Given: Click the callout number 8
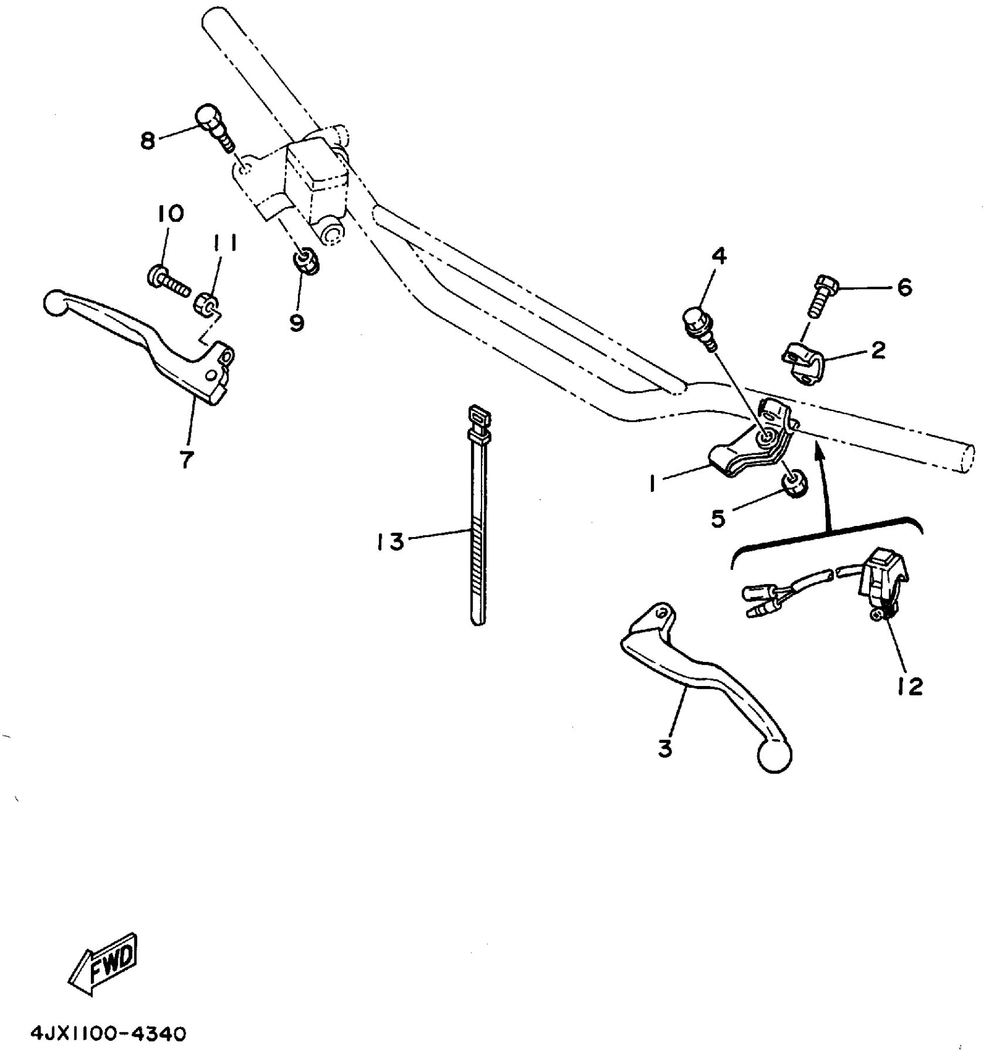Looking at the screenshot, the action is [148, 141].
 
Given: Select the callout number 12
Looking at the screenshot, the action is [909, 685].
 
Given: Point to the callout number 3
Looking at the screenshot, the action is [665, 748].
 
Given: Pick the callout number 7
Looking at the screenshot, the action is [186, 459].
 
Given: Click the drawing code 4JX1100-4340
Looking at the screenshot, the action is [108, 1034].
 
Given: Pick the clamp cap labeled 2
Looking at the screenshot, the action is [802, 362].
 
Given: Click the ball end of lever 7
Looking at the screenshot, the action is [56, 303].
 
